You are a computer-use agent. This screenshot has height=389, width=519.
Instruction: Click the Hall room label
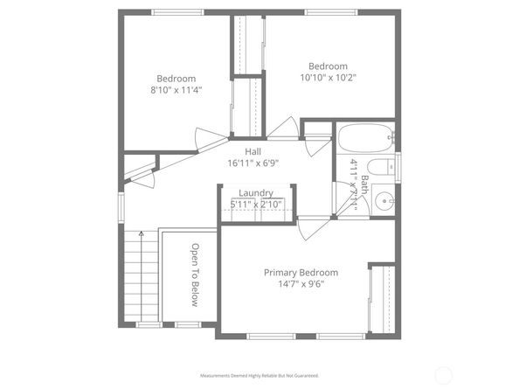click(253, 151)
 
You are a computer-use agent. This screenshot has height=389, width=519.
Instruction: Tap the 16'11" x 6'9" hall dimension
click(253, 163)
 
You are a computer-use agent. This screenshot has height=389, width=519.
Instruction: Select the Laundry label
click(255, 193)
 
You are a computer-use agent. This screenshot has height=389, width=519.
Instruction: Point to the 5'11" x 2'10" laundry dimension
click(255, 205)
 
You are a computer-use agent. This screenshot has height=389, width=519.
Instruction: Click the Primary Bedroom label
click(301, 273)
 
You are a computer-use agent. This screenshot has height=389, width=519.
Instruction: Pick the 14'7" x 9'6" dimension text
click(301, 285)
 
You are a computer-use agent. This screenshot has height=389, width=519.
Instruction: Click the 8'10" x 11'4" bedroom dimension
click(176, 89)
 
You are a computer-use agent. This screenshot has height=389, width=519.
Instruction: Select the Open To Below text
click(196, 274)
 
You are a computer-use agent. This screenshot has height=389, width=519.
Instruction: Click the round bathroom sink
click(384, 203)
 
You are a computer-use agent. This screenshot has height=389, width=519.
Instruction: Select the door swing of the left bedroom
click(208, 138)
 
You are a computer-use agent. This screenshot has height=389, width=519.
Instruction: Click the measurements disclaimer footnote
click(259, 375)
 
